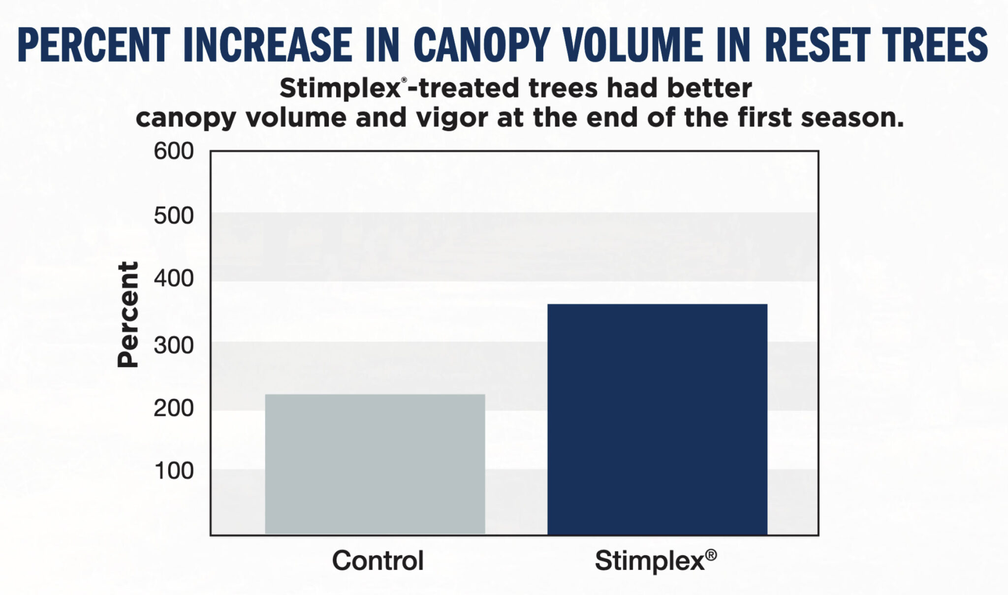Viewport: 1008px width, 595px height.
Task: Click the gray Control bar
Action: coord(375,464)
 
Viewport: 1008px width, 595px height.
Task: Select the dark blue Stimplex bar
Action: coord(657,419)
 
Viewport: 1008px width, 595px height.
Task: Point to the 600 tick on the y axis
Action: coord(174,151)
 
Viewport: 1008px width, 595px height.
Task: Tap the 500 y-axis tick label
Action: coord(174,216)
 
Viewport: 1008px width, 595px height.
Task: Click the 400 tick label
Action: coord(174,279)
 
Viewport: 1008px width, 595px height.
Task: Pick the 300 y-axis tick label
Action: coord(174,345)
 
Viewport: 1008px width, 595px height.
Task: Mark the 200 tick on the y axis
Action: coord(174,408)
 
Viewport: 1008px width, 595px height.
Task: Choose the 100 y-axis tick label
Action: coord(174,471)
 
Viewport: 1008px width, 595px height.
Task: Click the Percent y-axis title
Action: coord(128,314)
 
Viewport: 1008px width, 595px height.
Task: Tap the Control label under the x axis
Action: coord(378,561)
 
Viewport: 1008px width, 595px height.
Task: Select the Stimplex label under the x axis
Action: coord(650,561)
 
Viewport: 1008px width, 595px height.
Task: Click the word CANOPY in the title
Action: coord(485,45)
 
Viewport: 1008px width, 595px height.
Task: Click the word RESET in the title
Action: coord(815,45)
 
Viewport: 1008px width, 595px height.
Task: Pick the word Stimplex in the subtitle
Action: coord(340,89)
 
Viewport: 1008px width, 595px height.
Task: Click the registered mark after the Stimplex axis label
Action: coord(711,555)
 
